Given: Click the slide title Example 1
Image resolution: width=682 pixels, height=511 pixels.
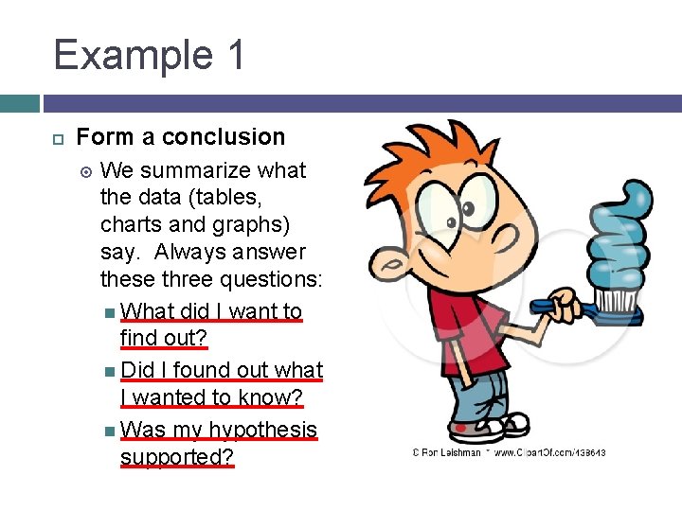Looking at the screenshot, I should (x=150, y=55).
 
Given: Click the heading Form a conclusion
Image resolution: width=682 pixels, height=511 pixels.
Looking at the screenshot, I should (x=180, y=137).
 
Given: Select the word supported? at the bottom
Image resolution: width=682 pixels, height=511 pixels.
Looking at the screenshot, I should (x=176, y=458).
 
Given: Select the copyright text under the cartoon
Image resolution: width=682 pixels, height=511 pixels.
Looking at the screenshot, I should (x=509, y=453).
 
